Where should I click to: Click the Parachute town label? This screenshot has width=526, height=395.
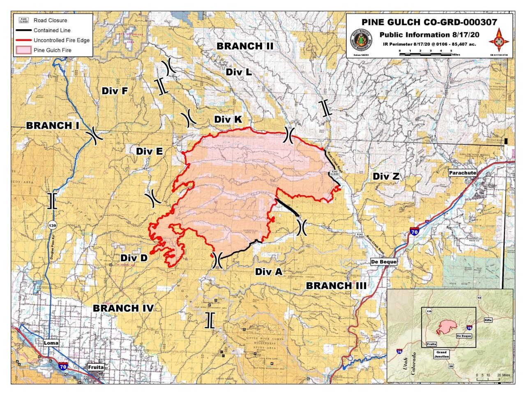[x=462, y=173]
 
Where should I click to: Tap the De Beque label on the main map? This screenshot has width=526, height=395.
[x=383, y=262]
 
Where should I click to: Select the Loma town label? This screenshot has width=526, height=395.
[x=51, y=343]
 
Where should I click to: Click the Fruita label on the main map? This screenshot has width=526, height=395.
[x=96, y=367]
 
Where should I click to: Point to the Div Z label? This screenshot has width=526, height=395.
[x=386, y=177]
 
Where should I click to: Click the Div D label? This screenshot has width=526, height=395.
[x=134, y=258]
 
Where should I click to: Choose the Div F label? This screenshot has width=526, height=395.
[x=115, y=91]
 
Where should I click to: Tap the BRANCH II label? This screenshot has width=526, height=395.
[x=245, y=46]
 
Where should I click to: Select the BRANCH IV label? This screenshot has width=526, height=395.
[x=123, y=308]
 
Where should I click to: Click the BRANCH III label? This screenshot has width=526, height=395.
[x=336, y=286]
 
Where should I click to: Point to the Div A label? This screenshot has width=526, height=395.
[x=269, y=272]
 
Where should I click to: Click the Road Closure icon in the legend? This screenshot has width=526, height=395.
[x=24, y=20]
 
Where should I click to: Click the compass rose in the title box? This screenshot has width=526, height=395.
[x=499, y=40]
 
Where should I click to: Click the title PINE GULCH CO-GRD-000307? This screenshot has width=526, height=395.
[x=429, y=22]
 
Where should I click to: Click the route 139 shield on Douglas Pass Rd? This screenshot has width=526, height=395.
[x=52, y=225]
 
